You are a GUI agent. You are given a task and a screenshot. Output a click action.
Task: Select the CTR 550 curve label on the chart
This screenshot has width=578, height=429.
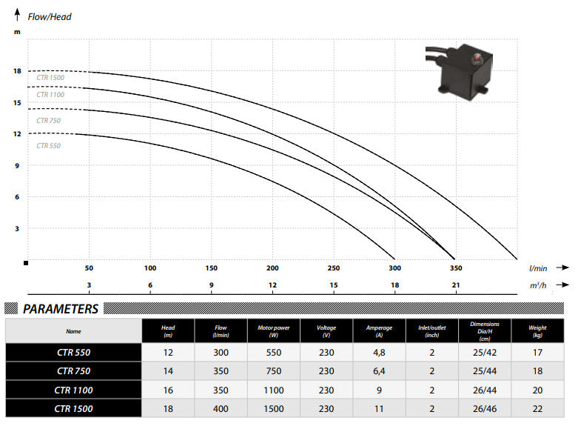point(49,146)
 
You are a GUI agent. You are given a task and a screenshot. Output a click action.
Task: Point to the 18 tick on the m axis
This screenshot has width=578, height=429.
point(16,71)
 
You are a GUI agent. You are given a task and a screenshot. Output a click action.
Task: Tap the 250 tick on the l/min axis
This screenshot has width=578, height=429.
point(333,268)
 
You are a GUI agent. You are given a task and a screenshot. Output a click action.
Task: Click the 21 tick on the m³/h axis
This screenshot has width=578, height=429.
point(455,285)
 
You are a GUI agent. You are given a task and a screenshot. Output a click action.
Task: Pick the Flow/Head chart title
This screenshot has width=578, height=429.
point(50,16)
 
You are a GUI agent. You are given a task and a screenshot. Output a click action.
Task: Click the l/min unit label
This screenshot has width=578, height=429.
point(538,268)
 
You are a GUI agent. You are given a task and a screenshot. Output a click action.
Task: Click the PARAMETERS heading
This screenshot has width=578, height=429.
point(61,309)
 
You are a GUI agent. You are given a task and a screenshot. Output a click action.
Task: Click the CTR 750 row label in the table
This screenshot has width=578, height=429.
point(73,371)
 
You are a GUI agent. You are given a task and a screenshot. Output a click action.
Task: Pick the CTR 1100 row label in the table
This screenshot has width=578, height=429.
point(73,390)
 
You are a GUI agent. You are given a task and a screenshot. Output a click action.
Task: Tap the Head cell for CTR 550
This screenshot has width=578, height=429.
point(168,353)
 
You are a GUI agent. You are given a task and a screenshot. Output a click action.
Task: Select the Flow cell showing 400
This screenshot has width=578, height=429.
point(221,408)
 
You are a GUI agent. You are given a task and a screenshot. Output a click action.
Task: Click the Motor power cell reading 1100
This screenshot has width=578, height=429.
point(274,390)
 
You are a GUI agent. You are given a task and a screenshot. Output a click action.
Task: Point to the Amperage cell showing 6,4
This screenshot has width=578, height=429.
point(379,371)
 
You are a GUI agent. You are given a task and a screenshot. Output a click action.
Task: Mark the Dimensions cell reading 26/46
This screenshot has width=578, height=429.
point(484,408)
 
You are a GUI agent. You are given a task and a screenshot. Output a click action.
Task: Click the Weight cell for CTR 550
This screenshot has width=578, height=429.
point(538,353)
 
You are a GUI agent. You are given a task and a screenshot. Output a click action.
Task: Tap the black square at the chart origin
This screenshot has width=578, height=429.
point(26,262)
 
